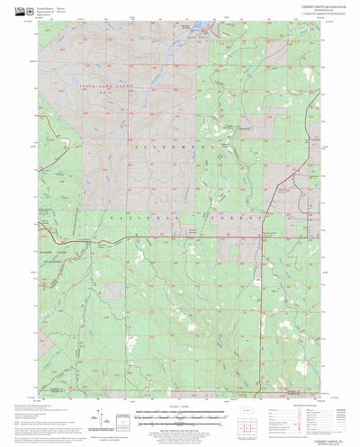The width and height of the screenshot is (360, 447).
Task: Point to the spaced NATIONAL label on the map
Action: point(144,217)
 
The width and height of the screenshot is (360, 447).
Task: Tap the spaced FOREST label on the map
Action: point(239,218)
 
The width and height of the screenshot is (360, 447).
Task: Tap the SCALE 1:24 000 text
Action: point(177,407)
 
